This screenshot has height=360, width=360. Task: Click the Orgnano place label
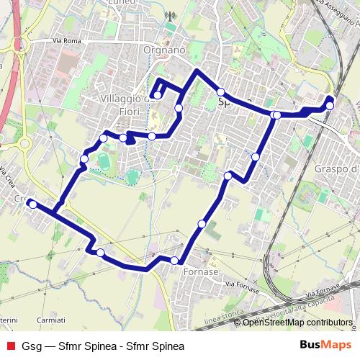coord(165,50)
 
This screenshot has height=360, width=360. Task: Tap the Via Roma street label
coord(64,42)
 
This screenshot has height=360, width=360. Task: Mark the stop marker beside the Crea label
coord(32,204)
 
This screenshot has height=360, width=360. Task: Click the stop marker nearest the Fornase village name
coord(174,261)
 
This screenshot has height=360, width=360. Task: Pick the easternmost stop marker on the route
coord(330,106)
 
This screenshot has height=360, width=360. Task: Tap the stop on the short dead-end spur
coord(157,95)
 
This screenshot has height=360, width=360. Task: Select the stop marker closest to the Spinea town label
coord(221,92)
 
